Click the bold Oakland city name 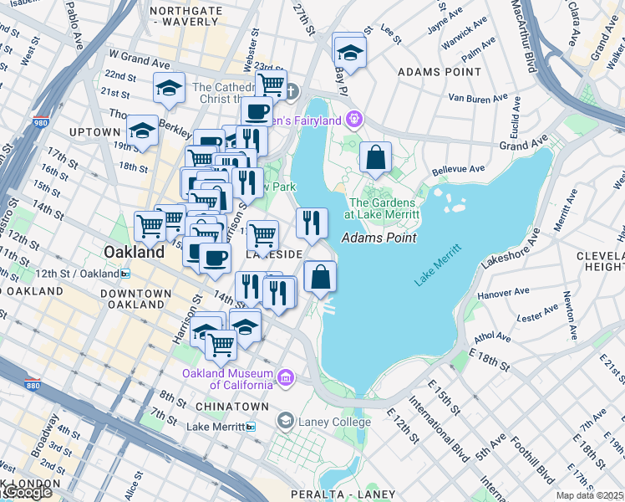click(x=134, y=252)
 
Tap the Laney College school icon click(x=287, y=420)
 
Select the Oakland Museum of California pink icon click(x=287, y=378)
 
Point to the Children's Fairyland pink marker click(x=354, y=120)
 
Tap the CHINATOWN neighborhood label click(x=231, y=407)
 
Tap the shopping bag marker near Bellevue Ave click(x=376, y=157)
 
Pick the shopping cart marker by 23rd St click(x=271, y=84)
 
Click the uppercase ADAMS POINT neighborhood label click(x=440, y=72)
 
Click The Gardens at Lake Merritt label click(x=382, y=208)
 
